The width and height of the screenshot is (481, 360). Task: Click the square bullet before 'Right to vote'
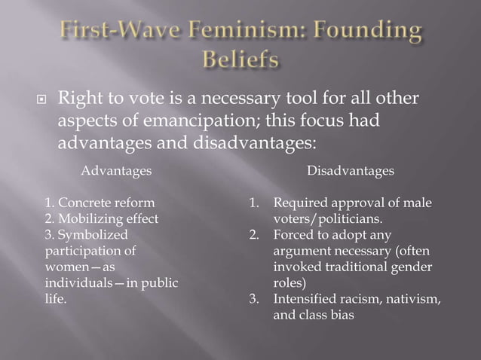44,99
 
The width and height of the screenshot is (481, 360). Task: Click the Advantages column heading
116,171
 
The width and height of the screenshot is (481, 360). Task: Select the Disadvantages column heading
350,171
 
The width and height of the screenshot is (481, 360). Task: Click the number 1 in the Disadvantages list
255,203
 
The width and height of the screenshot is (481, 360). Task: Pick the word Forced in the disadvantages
292,235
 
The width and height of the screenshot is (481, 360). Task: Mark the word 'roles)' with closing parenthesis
290,284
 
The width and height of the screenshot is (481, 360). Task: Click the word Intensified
305,300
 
